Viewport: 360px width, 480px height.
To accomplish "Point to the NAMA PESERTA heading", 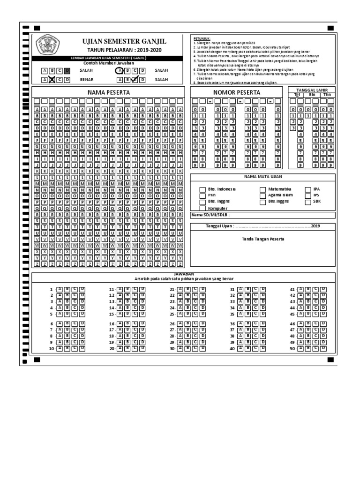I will (x=109, y=93).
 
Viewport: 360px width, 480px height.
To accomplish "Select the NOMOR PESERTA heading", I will (x=237, y=93).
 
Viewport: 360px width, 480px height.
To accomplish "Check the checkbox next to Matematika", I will (x=263, y=190).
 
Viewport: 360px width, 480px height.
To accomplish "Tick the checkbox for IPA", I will (x=308, y=190).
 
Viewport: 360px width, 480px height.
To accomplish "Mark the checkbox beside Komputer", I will (x=202, y=208).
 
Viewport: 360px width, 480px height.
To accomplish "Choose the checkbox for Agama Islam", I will (x=263, y=196).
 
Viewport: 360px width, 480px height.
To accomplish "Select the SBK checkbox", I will (x=308, y=202).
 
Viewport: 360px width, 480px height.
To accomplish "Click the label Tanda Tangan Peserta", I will (x=262, y=239).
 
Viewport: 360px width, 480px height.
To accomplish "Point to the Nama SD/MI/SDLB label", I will (x=210, y=215).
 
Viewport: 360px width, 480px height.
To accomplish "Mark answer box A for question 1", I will (x=60, y=289).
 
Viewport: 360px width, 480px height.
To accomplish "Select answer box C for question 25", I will (x=195, y=314).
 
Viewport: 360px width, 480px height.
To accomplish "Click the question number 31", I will (x=232, y=290).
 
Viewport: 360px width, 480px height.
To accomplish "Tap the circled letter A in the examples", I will (x=120, y=70).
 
